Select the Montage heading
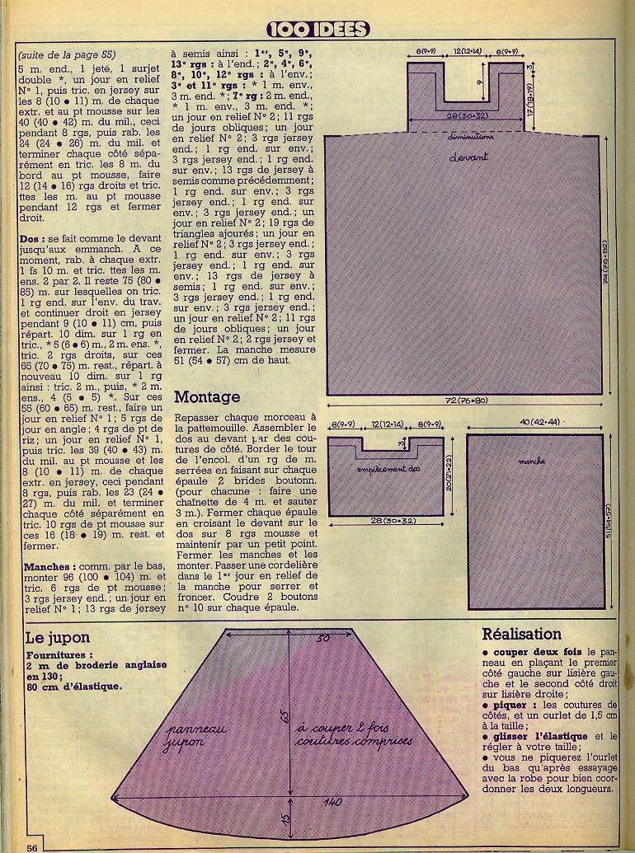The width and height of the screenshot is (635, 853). click(x=207, y=397)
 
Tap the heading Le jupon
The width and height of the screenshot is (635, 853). click(x=58, y=637)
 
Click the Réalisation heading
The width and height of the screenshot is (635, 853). click(x=522, y=635)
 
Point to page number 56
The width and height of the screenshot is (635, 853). click(x=32, y=846)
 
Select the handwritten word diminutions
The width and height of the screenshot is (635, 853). click(x=470, y=137)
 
